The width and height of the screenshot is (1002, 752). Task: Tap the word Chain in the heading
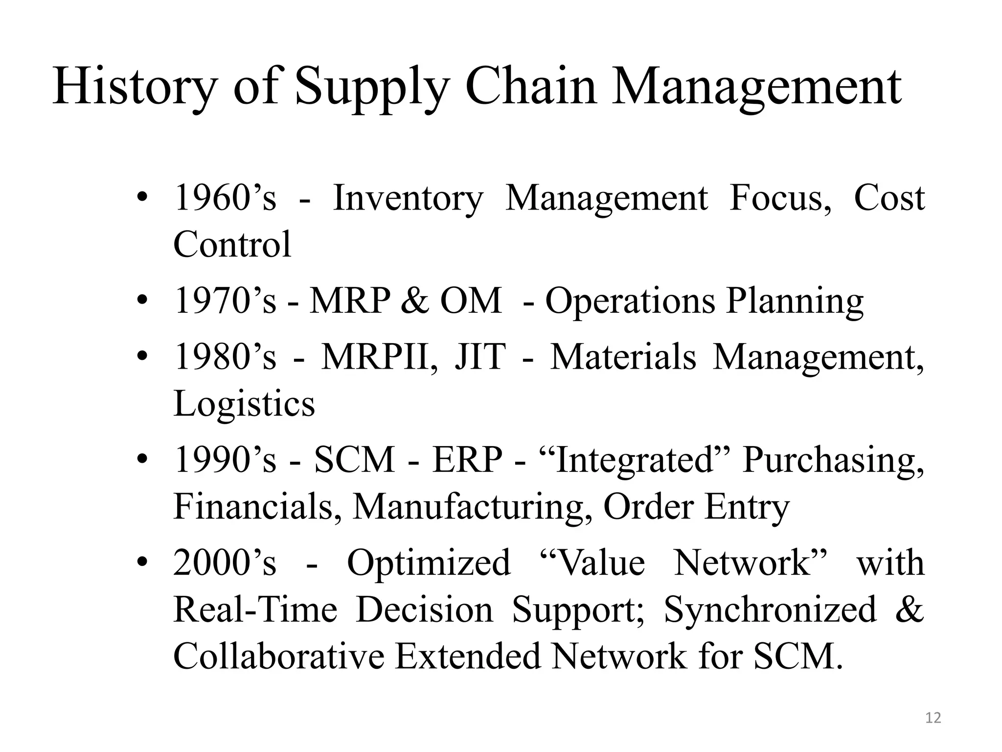531,87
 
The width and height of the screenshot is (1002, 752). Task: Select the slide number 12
934,718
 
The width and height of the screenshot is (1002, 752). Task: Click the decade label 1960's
225,198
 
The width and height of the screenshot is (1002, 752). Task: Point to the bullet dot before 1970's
142,300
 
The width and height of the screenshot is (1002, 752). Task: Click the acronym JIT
480,357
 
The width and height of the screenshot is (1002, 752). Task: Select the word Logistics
244,404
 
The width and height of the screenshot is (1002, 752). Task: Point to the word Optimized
429,563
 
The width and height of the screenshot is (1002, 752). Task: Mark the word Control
232,244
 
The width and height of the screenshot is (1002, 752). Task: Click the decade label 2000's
225,563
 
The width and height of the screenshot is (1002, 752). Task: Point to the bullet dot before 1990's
142,460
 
